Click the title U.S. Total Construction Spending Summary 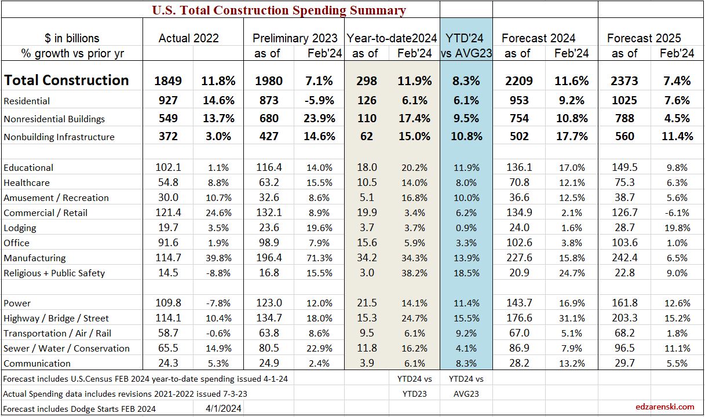(279, 10)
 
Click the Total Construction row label (67, 80)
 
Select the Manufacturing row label (35, 258)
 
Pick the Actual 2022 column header (189, 38)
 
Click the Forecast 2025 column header (644, 38)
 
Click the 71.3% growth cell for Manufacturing (320, 258)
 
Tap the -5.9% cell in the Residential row (320, 101)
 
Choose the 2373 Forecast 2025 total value (623, 81)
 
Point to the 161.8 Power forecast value (623, 303)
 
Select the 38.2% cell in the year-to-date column (414, 273)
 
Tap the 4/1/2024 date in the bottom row (218, 408)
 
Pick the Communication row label (37, 363)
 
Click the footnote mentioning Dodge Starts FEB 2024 (79, 408)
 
